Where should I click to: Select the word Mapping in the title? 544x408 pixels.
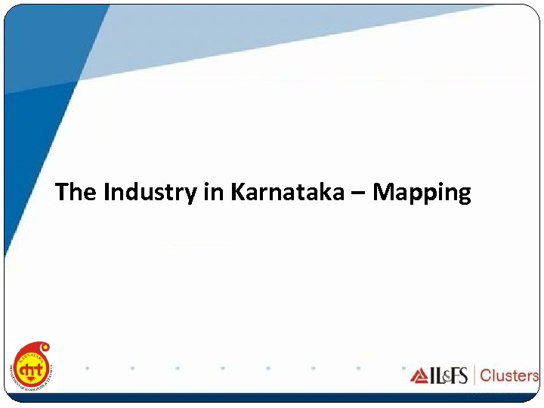tap(422, 193)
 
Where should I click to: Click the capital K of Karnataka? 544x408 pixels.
tap(237, 193)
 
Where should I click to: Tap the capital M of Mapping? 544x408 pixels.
tap(385, 193)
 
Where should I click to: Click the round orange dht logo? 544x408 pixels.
tap(32, 368)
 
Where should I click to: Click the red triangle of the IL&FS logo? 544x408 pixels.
tap(420, 376)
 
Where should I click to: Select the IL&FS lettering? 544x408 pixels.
tap(447, 376)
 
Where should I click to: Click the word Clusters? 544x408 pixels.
tap(509, 376)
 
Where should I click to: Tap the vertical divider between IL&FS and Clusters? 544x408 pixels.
tap(474, 376)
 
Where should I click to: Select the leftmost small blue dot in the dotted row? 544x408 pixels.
tap(87, 368)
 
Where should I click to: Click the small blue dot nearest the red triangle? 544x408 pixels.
tap(403, 368)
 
